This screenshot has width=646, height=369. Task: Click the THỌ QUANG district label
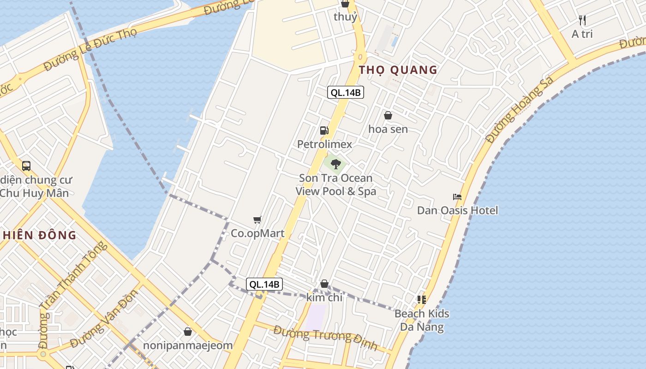[x=398, y=70]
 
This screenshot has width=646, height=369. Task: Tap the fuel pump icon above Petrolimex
[x=324, y=131]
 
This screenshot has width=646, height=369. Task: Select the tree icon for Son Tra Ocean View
[x=335, y=163]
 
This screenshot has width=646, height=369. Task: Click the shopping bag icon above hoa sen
[x=388, y=115]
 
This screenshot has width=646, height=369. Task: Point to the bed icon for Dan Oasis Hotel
[x=457, y=196]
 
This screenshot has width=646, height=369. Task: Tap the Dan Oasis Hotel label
[x=457, y=210]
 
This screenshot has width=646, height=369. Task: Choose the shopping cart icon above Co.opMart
[x=257, y=220]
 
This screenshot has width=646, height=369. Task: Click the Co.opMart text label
[x=257, y=233]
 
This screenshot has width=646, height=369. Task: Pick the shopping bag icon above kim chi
[x=324, y=284]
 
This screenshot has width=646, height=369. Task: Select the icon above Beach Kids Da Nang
[x=421, y=300]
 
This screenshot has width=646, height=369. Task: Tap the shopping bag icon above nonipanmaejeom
[x=188, y=331]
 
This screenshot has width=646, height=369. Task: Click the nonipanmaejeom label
[x=187, y=345]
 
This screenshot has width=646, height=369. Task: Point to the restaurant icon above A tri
[x=582, y=20]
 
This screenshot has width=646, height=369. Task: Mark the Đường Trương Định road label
[x=325, y=337]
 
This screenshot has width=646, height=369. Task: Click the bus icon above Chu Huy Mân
[x=26, y=166]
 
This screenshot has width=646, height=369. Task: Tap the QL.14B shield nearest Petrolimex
[x=346, y=92]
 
